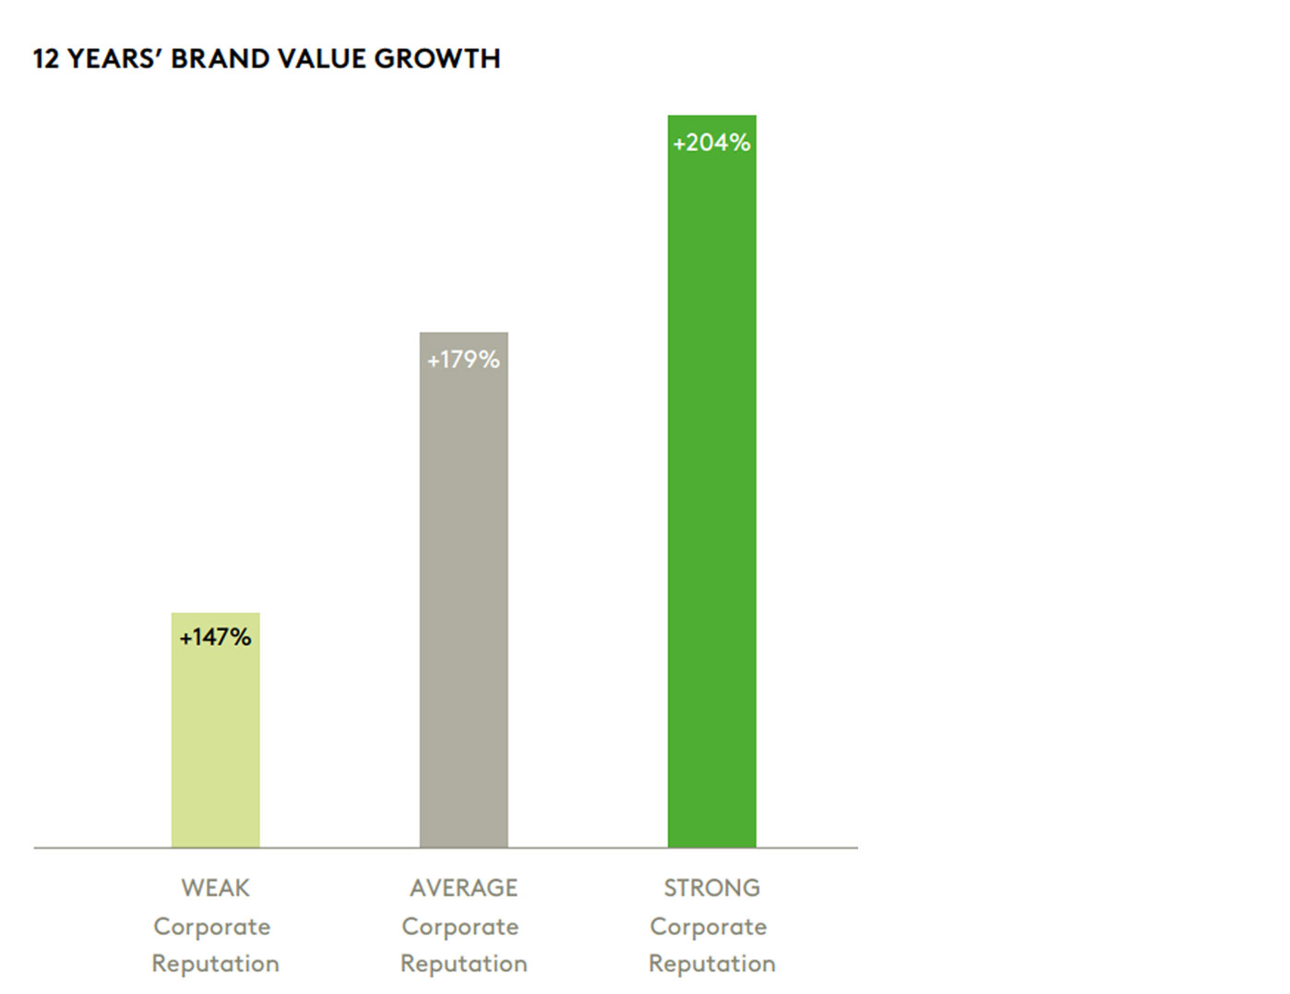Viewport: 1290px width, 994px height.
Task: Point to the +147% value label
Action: click(x=215, y=637)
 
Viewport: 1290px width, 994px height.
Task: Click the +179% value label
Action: click(x=463, y=360)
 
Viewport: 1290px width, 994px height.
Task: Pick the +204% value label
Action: click(x=711, y=143)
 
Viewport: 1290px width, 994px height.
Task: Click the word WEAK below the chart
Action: click(x=215, y=888)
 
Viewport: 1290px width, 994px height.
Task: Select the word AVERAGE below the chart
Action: click(x=463, y=888)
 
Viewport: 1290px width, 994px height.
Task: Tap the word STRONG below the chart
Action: click(x=711, y=888)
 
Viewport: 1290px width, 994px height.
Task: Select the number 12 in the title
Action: click(x=45, y=59)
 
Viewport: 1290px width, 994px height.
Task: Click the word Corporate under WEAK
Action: click(x=212, y=927)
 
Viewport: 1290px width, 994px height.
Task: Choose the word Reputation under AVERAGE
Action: click(x=463, y=964)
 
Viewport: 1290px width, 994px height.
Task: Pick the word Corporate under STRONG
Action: click(x=709, y=927)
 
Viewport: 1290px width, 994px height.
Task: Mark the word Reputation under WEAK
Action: click(x=215, y=964)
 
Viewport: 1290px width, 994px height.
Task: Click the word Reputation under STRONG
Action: click(x=711, y=964)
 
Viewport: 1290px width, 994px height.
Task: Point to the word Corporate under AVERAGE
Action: click(x=460, y=927)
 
